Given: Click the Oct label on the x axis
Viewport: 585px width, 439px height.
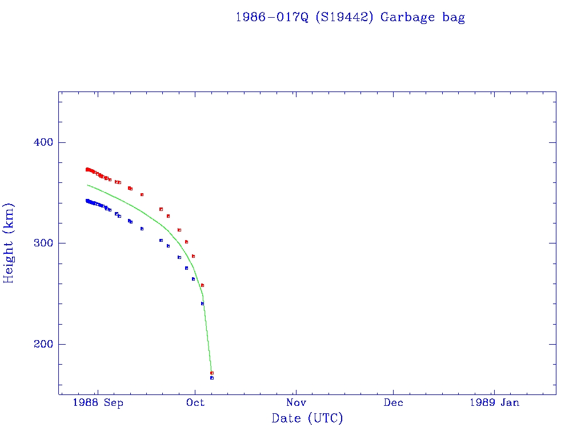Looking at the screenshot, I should [x=195, y=403].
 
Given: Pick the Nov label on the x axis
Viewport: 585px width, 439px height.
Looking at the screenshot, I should [x=295, y=403].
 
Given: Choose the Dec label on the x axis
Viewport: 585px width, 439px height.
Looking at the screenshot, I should [x=393, y=403].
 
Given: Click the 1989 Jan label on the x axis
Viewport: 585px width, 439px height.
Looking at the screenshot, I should [x=494, y=403].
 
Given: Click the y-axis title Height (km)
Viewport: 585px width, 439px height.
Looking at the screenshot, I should [x=9, y=243].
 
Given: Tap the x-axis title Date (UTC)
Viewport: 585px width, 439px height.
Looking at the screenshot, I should [x=307, y=419].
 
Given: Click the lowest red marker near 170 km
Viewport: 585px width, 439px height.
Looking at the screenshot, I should [x=212, y=373].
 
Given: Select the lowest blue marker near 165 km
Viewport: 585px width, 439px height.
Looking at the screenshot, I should [x=212, y=378].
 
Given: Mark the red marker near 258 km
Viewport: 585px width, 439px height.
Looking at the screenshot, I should [x=202, y=285].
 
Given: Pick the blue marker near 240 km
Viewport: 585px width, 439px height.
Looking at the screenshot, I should [x=202, y=304].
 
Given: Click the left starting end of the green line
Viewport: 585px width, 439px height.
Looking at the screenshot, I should [x=87, y=185].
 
